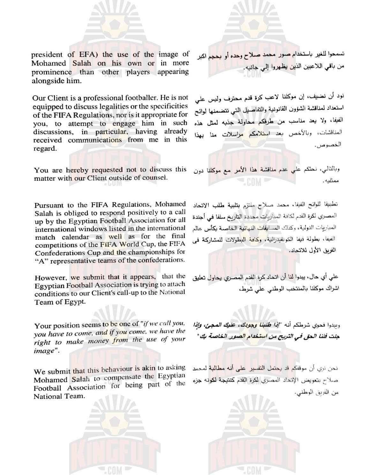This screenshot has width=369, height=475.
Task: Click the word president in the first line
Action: (x=47, y=55)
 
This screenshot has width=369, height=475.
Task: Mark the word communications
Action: (x=90, y=139)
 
